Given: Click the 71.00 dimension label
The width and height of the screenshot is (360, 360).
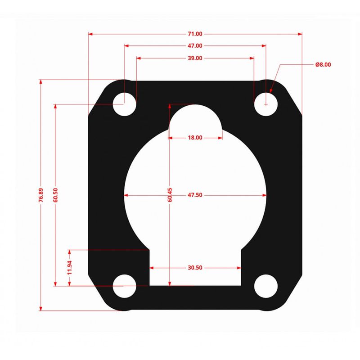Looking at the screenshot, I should [195, 34].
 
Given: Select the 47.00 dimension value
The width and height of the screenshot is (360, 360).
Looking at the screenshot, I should [195, 46].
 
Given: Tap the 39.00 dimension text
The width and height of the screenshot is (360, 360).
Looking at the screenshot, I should [195, 58].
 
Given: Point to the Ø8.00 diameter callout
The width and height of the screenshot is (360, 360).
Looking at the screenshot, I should [323, 65].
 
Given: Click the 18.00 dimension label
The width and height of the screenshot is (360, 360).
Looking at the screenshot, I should [195, 138].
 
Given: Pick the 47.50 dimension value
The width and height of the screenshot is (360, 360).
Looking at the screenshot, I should [195, 195].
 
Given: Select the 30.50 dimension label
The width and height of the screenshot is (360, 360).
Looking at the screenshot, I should [195, 267].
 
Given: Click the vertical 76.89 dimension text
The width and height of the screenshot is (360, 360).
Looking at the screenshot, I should [41, 196].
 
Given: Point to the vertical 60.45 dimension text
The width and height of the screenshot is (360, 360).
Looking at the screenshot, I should [170, 196].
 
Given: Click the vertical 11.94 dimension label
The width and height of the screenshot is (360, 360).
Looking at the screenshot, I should [69, 267].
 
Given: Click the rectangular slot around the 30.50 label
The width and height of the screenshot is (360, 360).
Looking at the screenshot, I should [195, 275].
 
